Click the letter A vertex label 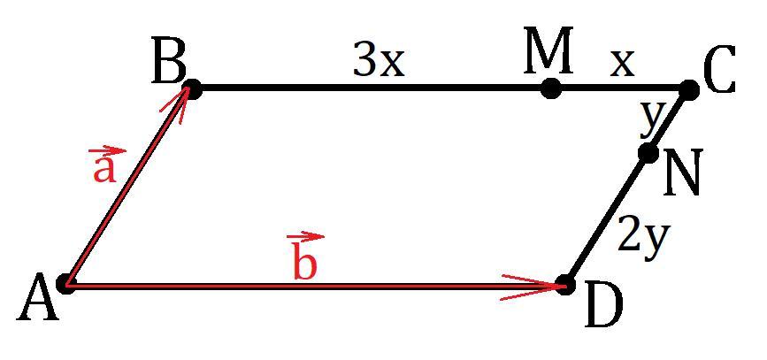tap(38, 298)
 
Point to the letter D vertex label tap(603, 308)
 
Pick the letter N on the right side tap(683, 172)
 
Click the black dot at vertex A tap(65, 284)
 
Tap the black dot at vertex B tap(192, 89)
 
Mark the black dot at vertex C tap(689, 90)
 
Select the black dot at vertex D tap(565, 284)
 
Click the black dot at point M tap(551, 88)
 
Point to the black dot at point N tap(648, 154)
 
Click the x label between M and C tap(622, 65)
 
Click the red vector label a tap(104, 165)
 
